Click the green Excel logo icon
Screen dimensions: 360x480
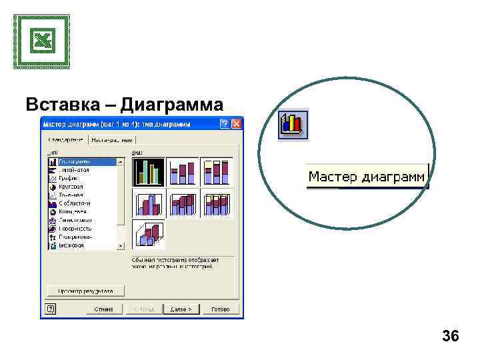[41, 41]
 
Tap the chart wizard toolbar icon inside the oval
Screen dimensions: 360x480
[293, 124]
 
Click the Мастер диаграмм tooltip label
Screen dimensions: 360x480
[366, 177]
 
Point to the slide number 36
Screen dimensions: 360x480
[451, 337]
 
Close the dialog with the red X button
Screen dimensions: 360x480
[236, 124]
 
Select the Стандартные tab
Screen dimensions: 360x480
[66, 140]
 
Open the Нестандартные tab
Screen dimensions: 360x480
[113, 140]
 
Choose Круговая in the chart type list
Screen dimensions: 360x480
[71, 187]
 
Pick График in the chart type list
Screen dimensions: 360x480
[69, 178]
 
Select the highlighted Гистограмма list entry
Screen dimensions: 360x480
[75, 161]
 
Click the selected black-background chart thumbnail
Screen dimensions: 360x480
[148, 171]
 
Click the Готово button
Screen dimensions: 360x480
[220, 309]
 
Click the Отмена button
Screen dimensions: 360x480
[103, 309]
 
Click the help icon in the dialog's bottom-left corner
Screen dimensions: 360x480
[51, 309]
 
